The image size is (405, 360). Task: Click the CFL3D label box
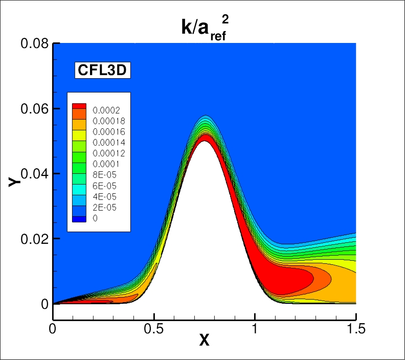point(102,70)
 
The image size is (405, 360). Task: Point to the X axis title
point(205,340)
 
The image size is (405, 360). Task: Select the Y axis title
point(14,180)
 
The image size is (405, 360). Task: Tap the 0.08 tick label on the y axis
point(34,44)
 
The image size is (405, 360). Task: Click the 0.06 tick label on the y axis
point(34,109)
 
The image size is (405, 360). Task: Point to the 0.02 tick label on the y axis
point(34,239)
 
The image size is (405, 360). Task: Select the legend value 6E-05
point(101,186)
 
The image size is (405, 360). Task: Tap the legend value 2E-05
point(101,207)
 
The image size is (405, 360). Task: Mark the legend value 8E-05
point(101,175)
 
